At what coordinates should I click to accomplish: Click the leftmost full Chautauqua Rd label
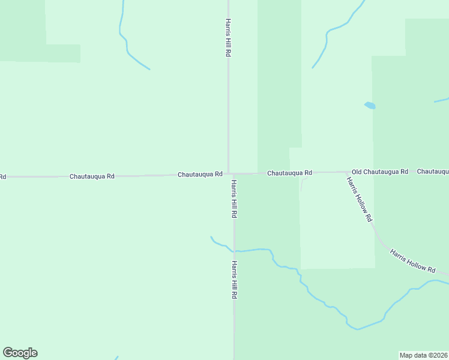coord(92,176)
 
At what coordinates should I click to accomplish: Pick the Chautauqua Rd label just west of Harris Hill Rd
coord(200,174)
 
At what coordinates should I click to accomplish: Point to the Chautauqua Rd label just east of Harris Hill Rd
coord(289,173)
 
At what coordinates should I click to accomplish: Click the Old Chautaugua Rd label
coord(380,172)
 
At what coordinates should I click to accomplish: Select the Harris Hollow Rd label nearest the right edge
coord(412,261)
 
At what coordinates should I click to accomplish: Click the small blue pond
coord(370,106)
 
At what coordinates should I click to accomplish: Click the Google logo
coord(20,353)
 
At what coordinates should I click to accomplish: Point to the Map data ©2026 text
coord(424,355)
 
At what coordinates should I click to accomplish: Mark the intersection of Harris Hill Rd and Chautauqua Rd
coord(229,174)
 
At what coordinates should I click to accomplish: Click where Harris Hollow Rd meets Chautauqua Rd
coord(346,173)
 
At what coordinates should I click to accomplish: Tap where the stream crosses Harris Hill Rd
coord(234,250)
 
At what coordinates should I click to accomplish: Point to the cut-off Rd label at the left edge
coord(2,177)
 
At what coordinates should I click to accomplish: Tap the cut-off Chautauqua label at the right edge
coord(433,172)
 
